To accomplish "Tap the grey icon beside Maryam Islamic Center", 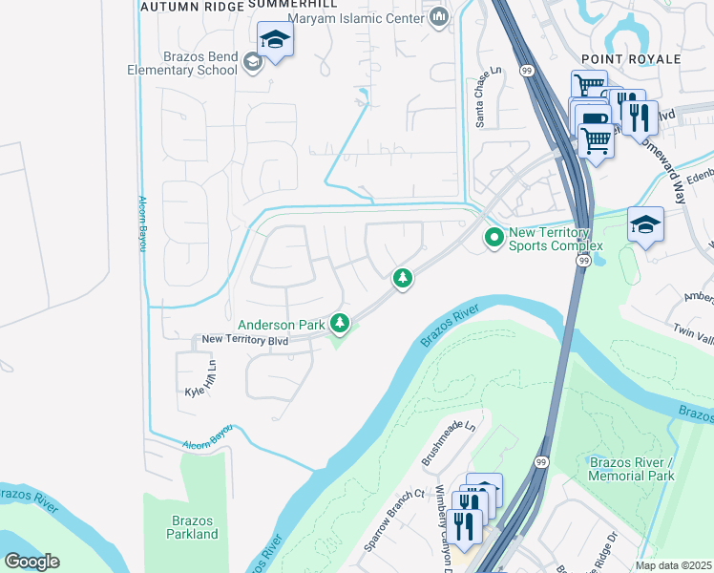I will click(x=439, y=16).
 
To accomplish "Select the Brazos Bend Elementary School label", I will click(x=183, y=63).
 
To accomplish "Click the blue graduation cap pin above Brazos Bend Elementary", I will click(x=275, y=40).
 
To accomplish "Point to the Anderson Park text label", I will click(x=282, y=326).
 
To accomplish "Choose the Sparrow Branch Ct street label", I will click(x=393, y=521).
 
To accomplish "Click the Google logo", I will click(x=31, y=562).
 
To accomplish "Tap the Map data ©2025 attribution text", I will click(x=674, y=565).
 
